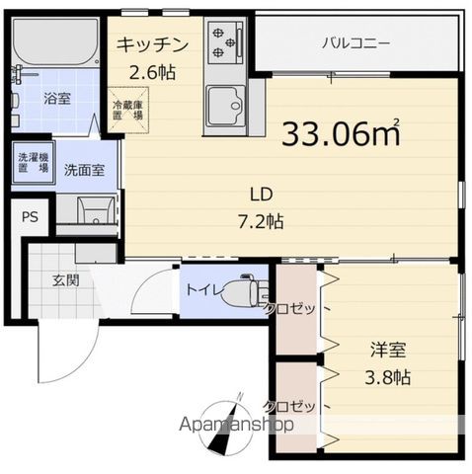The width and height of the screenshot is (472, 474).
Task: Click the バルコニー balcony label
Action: (x=355, y=42)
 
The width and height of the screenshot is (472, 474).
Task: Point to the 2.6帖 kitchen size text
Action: (x=154, y=71)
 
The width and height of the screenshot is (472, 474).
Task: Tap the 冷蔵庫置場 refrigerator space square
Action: (x=127, y=109)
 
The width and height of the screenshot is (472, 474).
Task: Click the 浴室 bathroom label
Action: (x=56, y=100)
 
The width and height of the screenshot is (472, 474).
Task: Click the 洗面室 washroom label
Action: (x=85, y=169)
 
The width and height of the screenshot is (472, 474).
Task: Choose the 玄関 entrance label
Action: (x=68, y=279)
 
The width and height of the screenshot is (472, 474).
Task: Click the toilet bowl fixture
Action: (x=241, y=292)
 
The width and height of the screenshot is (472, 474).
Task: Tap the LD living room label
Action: (x=261, y=195)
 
